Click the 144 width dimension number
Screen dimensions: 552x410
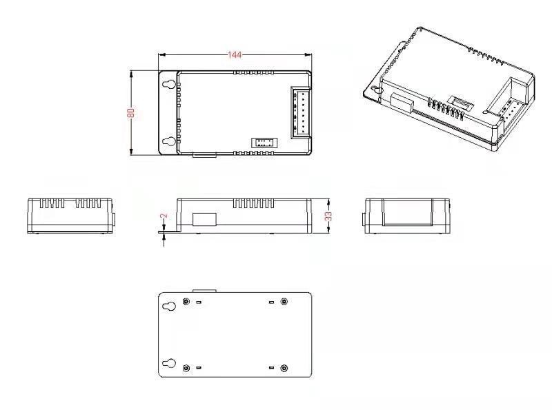235,55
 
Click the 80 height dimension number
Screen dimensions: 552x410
131,113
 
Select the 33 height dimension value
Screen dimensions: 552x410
328,216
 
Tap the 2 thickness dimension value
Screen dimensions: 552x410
164,216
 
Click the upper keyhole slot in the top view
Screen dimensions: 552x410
169,84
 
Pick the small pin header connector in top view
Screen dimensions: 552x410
264,143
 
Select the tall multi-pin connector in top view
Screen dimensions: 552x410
301,112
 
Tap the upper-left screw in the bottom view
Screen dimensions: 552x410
186,301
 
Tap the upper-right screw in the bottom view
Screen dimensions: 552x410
284,301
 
